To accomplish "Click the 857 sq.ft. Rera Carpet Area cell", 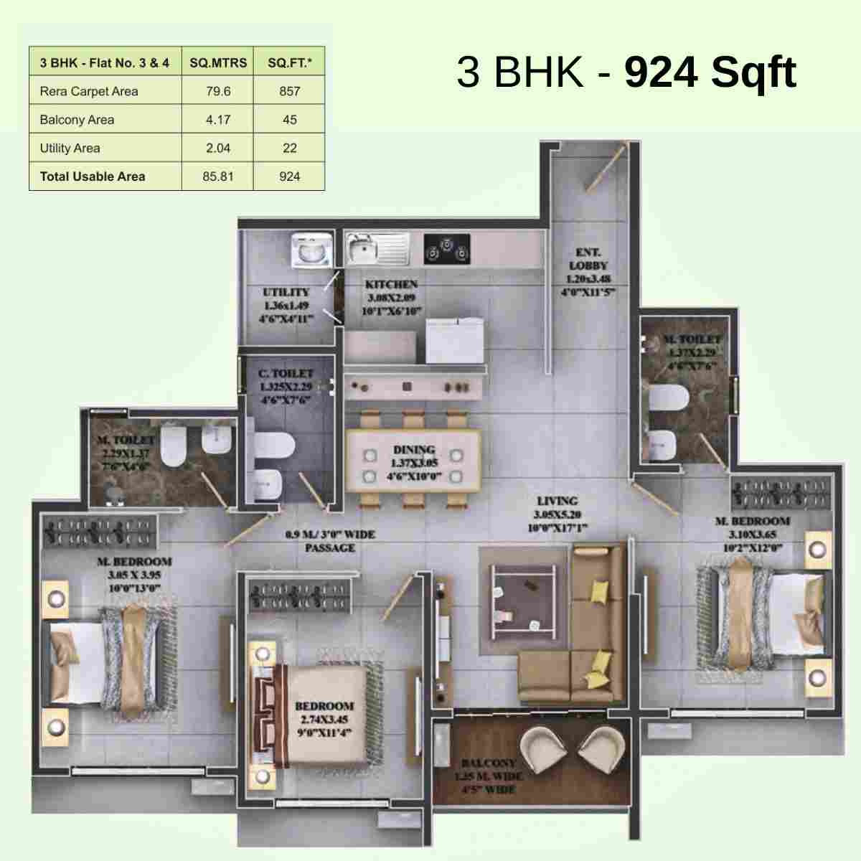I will pyautogui.click(x=289, y=91).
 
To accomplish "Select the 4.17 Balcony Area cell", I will pyautogui.click(x=217, y=120).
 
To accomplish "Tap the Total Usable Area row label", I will pyautogui.click(x=93, y=177).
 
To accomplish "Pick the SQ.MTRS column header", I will pyautogui.click(x=217, y=63).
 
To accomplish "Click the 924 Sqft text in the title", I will pyautogui.click(x=710, y=72).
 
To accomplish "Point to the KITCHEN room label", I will pyautogui.click(x=392, y=285).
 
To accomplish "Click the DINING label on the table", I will pyautogui.click(x=414, y=450).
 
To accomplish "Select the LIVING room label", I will pyautogui.click(x=557, y=501).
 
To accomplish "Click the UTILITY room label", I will pyautogui.click(x=286, y=292).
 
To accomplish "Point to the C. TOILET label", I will pyautogui.click(x=286, y=374).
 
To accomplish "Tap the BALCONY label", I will pyautogui.click(x=488, y=763).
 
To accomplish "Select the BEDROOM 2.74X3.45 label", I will pyautogui.click(x=324, y=706).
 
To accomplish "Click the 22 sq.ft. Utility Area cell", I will pyautogui.click(x=289, y=149).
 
